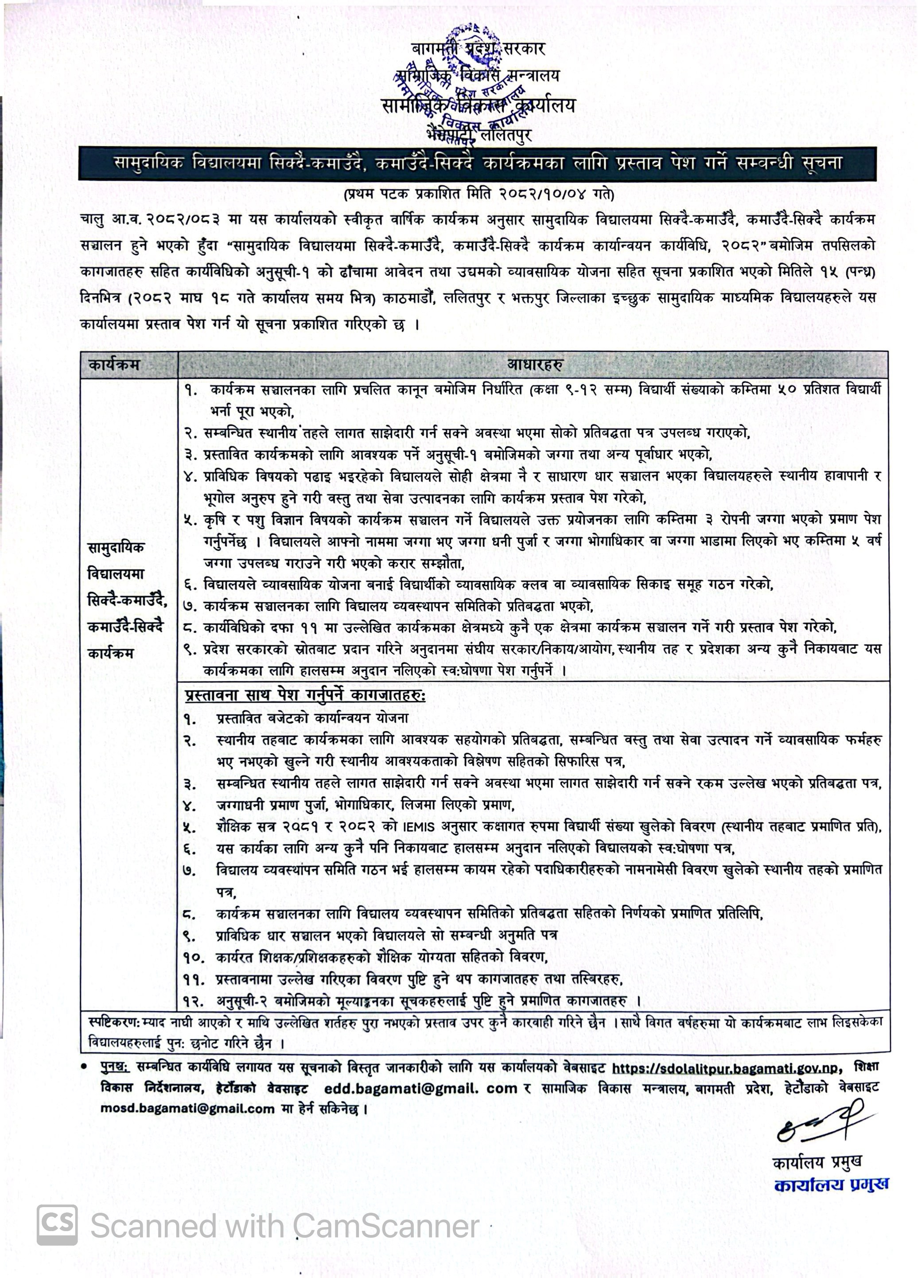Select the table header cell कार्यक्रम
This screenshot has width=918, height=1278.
(x=114, y=365)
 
